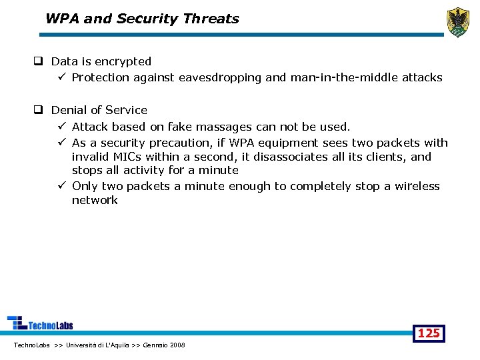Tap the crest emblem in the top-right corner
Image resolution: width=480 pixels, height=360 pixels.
coord(457,22)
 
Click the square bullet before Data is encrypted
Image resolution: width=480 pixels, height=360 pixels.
coord(39,61)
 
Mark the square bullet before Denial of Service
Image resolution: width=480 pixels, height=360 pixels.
coord(39,110)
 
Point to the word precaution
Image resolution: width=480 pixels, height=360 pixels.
coord(179,143)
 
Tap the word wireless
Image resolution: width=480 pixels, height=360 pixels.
coord(417,186)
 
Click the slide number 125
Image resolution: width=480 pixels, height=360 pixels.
coord(428,333)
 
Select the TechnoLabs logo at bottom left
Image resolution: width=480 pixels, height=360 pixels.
coord(40,323)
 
